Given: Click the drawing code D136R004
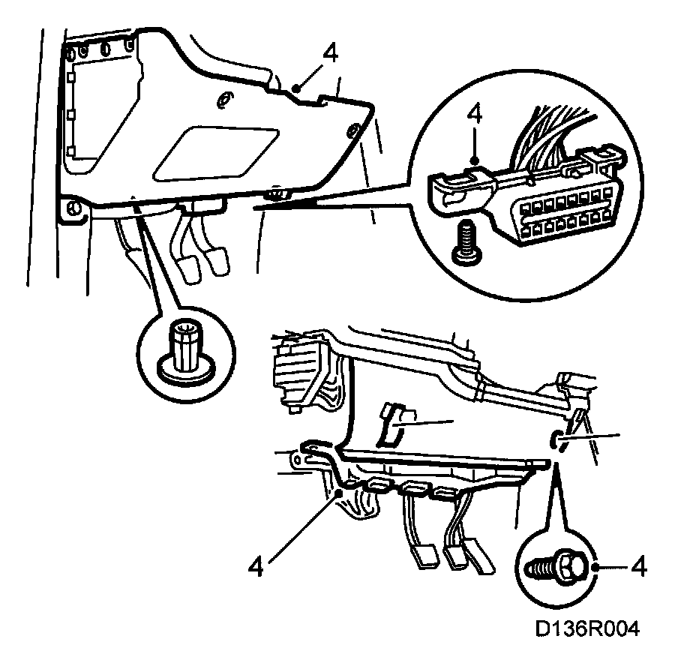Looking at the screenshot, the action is point(587,628).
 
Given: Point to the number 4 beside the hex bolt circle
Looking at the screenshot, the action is point(639,566).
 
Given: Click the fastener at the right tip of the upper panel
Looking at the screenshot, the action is point(352,132).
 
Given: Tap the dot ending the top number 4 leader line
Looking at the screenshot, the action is point(298,88).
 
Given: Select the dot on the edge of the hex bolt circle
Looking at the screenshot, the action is point(596,568).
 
